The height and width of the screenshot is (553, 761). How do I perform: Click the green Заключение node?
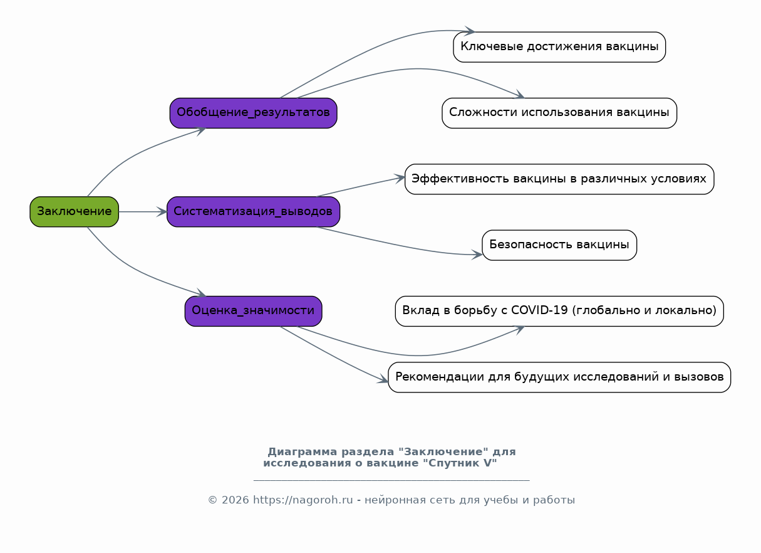(x=74, y=211)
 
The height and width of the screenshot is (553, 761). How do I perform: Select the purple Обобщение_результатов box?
(x=253, y=113)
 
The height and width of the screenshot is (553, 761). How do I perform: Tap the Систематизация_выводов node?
(x=253, y=211)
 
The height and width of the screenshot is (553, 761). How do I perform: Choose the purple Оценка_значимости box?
(x=253, y=311)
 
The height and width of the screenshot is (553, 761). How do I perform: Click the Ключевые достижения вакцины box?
(x=559, y=47)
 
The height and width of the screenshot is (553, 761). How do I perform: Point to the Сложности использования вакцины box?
(x=559, y=113)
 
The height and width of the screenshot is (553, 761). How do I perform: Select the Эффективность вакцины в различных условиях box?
(x=559, y=179)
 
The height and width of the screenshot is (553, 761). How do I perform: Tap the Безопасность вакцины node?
(x=559, y=245)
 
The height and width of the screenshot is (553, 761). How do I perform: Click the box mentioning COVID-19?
(x=559, y=311)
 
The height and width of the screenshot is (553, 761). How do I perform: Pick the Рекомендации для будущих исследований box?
(x=559, y=377)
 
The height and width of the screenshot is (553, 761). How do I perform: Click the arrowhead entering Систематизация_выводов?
(x=162, y=211)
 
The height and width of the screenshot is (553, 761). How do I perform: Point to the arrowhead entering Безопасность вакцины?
(x=477, y=255)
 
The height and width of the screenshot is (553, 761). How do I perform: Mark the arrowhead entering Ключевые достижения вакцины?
(x=470, y=31)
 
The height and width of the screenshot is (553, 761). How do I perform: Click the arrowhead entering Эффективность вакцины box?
(x=400, y=179)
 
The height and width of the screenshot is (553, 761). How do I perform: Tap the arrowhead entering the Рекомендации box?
(x=383, y=379)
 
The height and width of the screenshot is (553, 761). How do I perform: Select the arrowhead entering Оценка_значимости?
(x=200, y=293)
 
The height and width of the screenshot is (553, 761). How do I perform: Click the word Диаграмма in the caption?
(x=303, y=451)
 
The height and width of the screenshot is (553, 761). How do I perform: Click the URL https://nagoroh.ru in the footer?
(x=303, y=500)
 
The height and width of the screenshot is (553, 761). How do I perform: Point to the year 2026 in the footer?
(x=235, y=500)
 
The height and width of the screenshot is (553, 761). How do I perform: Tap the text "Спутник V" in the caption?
(x=460, y=463)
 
